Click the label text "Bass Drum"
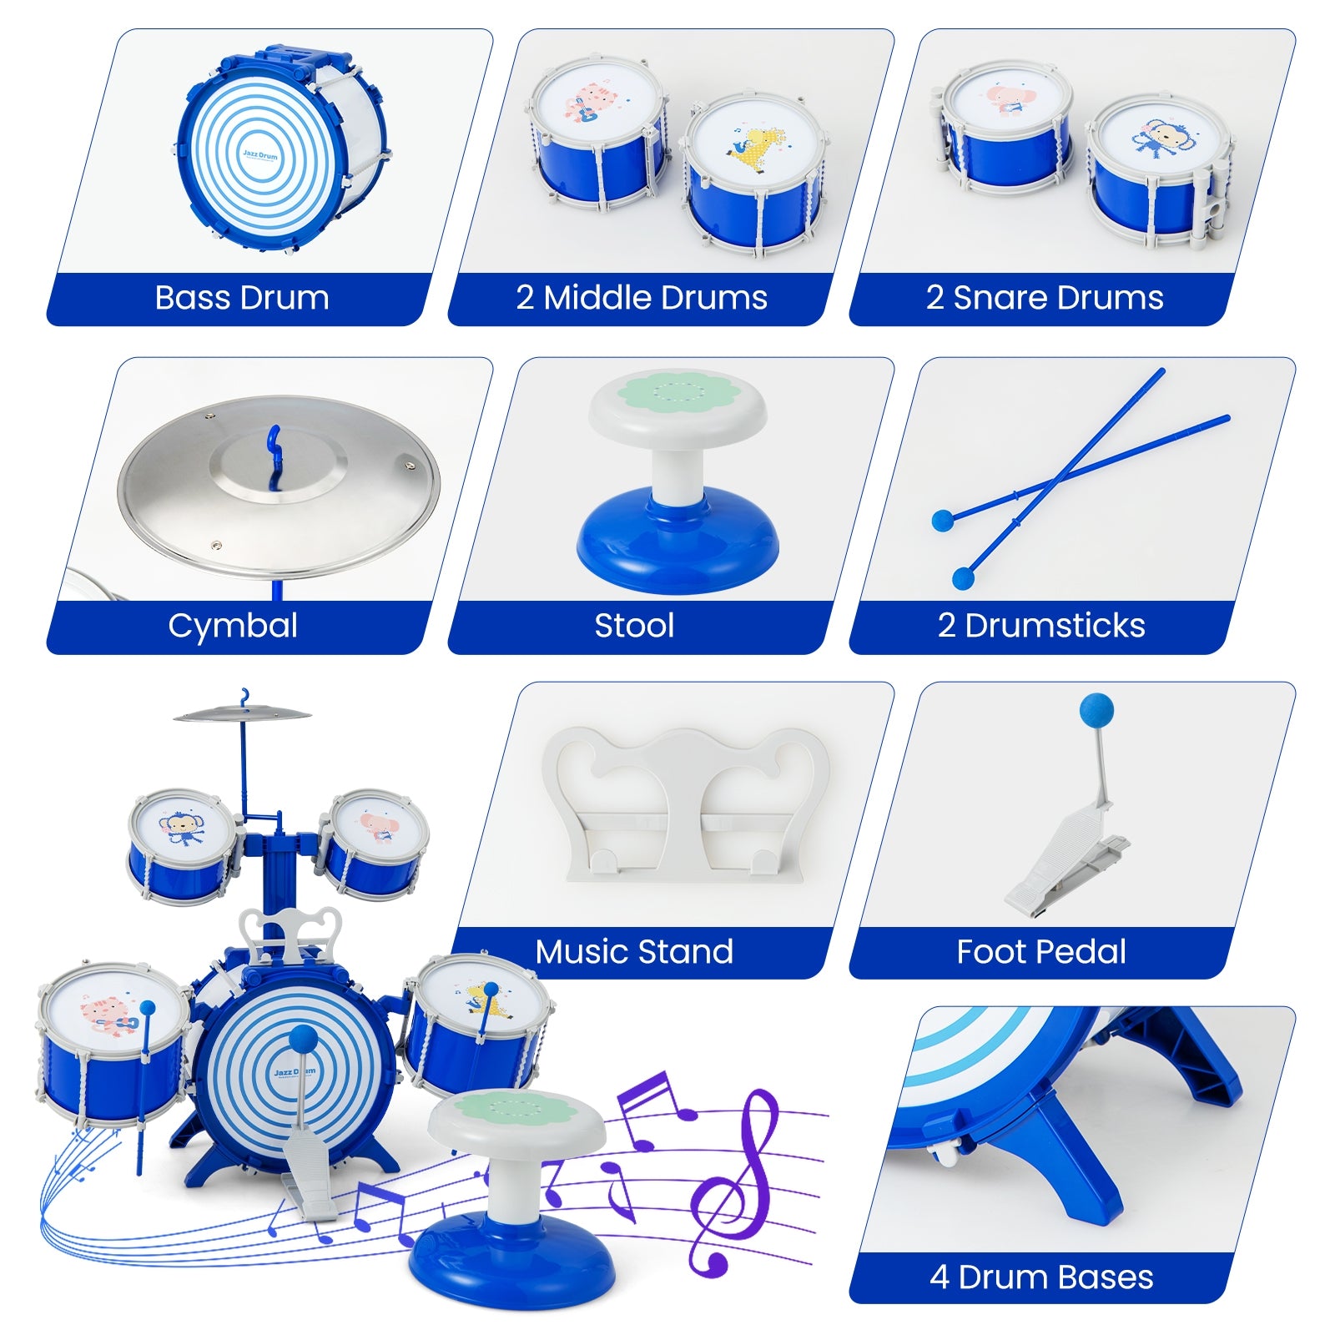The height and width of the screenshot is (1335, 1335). pyautogui.click(x=242, y=298)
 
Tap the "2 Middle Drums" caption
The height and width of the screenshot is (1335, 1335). pyautogui.click(x=641, y=298)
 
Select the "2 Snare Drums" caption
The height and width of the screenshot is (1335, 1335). pyautogui.click(x=1044, y=298)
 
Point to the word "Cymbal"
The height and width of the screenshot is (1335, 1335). pyautogui.click(x=233, y=626)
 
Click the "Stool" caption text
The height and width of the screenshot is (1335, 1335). pyautogui.click(x=634, y=626)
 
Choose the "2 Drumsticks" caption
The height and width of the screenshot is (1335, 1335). pyautogui.click(x=1041, y=626)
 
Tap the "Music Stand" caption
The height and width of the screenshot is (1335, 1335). pyautogui.click(x=634, y=951)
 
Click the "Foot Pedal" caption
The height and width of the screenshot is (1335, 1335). pyautogui.click(x=1041, y=951)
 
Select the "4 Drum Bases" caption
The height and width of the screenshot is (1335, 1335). pyautogui.click(x=1041, y=1277)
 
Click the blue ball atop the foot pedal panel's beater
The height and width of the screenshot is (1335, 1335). pyautogui.click(x=1096, y=710)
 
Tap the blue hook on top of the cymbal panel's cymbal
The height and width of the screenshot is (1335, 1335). pyautogui.click(x=274, y=451)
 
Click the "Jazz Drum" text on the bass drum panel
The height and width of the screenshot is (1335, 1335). pyautogui.click(x=260, y=155)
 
